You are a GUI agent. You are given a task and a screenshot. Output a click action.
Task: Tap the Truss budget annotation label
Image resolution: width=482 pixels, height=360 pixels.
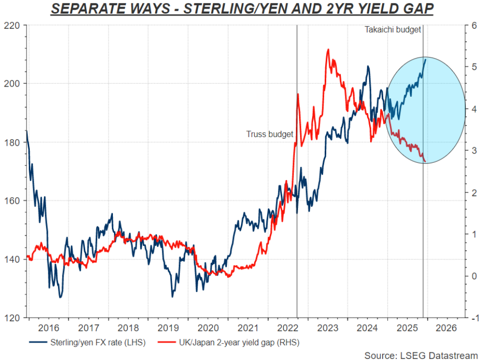point(270,134)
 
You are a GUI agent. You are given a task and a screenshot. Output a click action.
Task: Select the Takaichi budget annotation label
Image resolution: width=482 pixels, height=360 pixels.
point(393,30)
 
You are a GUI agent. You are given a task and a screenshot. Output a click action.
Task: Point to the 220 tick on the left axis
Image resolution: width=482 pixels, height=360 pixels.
point(14,25)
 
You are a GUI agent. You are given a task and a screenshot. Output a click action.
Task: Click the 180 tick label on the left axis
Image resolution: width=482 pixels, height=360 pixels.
point(14,142)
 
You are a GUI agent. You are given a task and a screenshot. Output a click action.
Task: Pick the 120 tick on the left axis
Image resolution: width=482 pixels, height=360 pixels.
point(14,318)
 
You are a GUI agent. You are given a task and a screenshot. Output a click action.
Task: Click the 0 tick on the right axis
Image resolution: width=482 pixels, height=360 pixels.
point(472,276)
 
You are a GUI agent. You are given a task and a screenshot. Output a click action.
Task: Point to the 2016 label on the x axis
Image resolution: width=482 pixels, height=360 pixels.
point(49,328)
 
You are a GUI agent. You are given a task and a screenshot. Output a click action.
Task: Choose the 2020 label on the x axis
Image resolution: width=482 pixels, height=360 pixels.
point(208,328)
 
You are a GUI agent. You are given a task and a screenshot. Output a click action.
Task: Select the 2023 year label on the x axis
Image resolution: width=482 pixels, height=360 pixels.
point(327,328)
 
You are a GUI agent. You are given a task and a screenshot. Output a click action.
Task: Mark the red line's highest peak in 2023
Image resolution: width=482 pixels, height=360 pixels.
point(328,49)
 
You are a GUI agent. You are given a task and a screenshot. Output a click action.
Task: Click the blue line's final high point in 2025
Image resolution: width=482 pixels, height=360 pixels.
point(426,59)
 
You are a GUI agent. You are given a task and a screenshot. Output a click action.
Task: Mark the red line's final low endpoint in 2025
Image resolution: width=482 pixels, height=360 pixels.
point(426,162)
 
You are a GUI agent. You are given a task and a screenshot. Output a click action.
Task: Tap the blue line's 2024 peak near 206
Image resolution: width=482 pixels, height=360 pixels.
point(368,66)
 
